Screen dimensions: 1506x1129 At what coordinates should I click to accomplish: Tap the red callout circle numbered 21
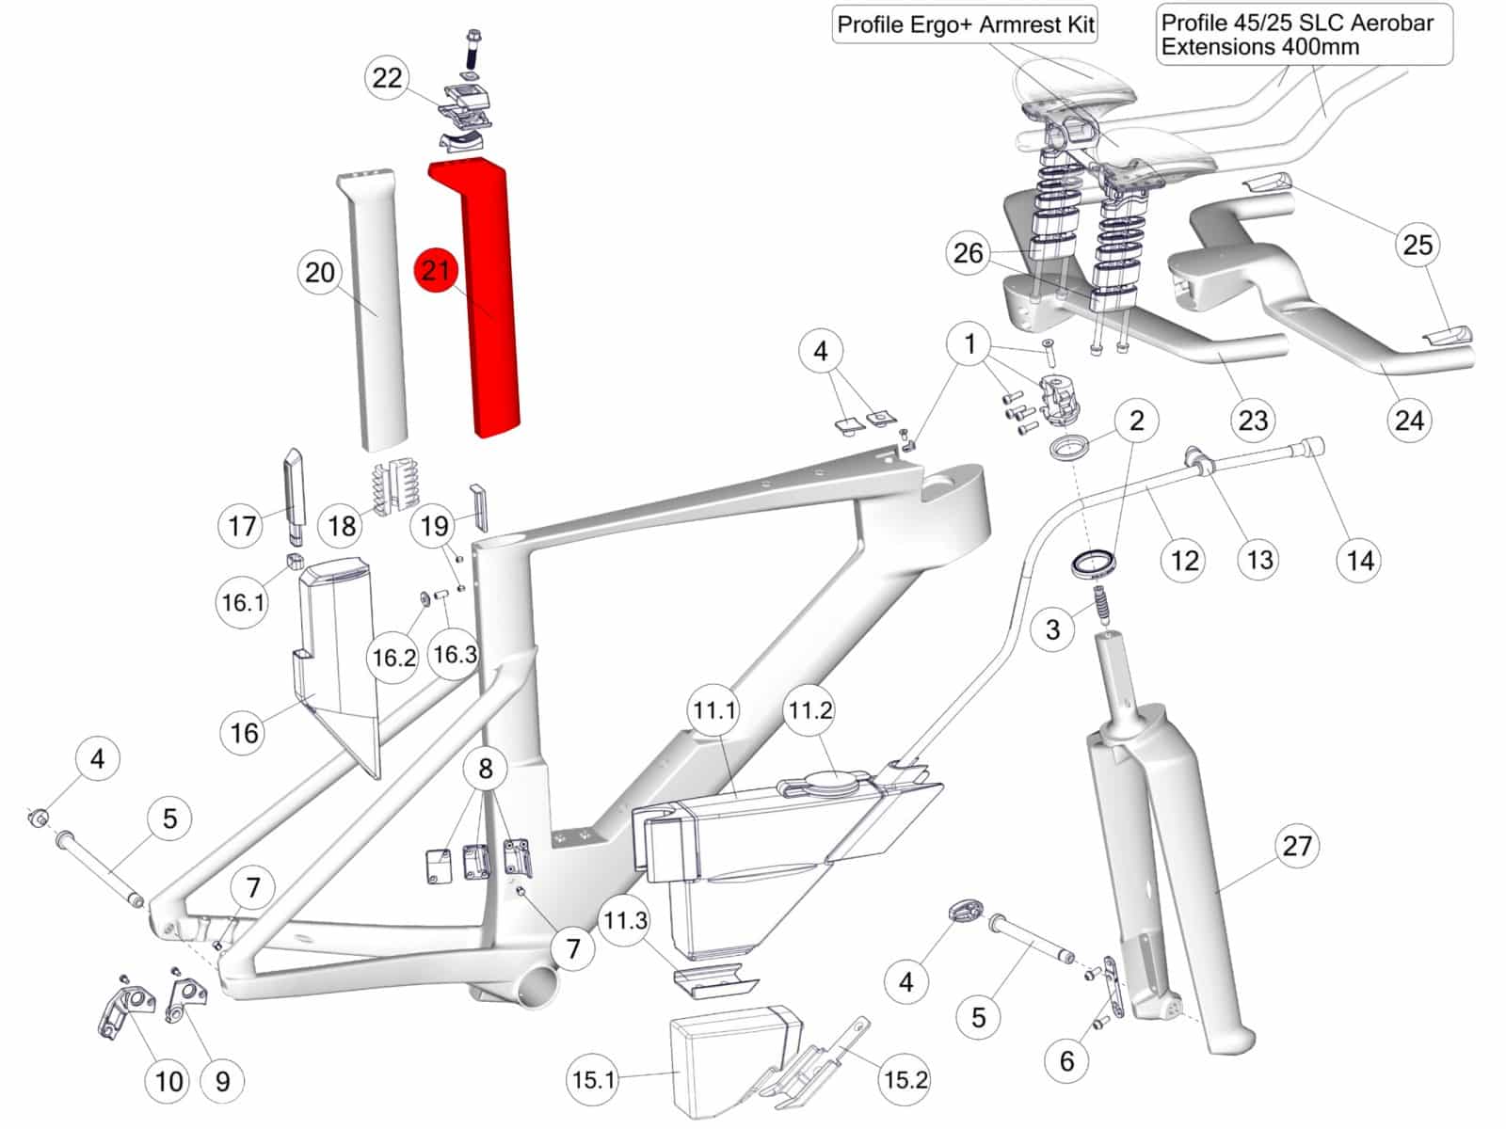pos(436,270)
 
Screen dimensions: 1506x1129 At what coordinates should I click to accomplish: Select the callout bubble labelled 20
pos(320,272)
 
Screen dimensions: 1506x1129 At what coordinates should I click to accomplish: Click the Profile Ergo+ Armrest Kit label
pos(966,24)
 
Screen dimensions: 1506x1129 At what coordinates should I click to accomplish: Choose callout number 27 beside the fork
pos(1297,845)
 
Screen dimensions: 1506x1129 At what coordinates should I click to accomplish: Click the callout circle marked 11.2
pos(810,709)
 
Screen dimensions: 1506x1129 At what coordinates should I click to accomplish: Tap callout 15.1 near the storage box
pos(594,1080)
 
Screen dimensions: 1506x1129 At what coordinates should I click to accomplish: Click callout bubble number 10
pos(168,1081)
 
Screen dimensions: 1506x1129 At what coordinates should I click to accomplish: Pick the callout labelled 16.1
pos(243,602)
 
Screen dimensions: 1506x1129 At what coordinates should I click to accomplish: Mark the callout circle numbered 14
pos(1360,560)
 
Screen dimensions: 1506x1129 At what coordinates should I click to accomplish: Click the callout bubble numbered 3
pos(1053,628)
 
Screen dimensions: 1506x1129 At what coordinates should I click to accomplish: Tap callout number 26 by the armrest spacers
pos(969,253)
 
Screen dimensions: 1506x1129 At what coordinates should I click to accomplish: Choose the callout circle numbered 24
pos(1409,420)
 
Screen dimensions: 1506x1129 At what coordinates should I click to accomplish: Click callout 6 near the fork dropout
pos(1066,1060)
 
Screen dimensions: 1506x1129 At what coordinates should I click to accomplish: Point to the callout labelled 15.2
pos(905,1080)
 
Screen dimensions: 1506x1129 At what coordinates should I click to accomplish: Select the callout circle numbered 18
pos(342,526)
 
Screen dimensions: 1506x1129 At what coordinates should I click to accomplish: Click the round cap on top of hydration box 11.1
pos(834,779)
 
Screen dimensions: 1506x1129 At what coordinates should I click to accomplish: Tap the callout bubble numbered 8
pos(486,768)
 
